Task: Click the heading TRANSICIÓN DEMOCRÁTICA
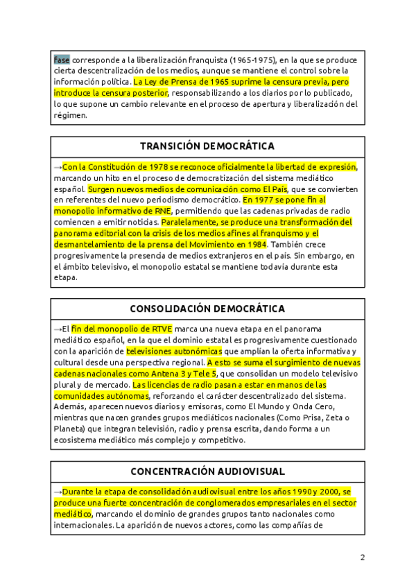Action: click(207, 146)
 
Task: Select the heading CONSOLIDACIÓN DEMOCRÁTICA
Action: click(207, 309)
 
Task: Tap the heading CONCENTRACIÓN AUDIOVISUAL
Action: click(207, 471)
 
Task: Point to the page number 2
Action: click(362, 557)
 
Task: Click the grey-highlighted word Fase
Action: click(62, 60)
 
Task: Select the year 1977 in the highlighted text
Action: click(268, 200)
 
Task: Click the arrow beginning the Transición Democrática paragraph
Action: click(58, 166)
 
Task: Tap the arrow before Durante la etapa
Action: click(58, 491)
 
